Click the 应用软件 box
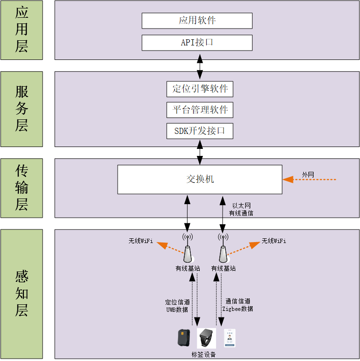[x=197, y=21]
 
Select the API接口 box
[x=197, y=43]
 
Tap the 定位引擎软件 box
[x=200, y=89]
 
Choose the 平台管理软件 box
[x=200, y=110]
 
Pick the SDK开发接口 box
[x=200, y=131]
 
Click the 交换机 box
[x=200, y=179]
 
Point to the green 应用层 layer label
[x=22, y=30]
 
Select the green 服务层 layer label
[x=22, y=109]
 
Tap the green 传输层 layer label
[x=22, y=188]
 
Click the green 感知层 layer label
[x=22, y=294]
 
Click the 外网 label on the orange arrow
[x=308, y=175]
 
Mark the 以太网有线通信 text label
[x=241, y=209]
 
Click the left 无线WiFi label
[x=141, y=241]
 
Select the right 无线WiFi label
[x=274, y=241]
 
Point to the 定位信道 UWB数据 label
[x=177, y=306]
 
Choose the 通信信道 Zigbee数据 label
[x=238, y=305]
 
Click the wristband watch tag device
[x=206, y=338]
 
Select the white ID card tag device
[x=229, y=338]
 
